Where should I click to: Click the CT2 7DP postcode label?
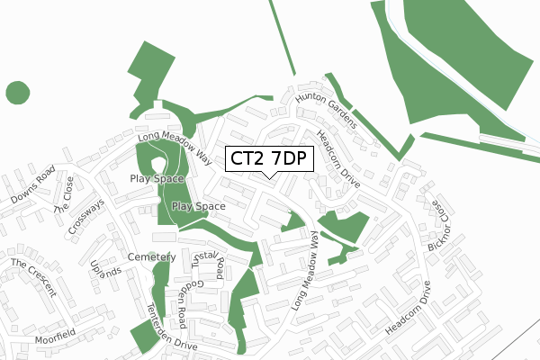[x=269, y=158]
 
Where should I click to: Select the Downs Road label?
[x=34, y=185]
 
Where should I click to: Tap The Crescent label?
[x=33, y=278]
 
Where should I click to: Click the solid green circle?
[x=17, y=92]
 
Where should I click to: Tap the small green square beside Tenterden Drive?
[x=142, y=337]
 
